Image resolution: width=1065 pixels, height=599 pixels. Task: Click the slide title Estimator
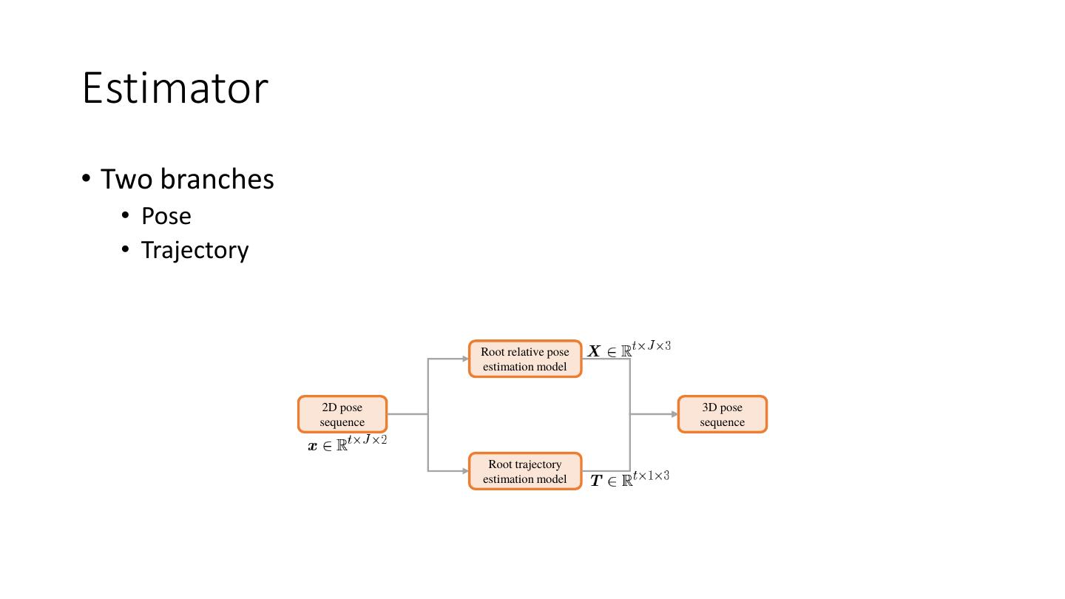coord(175,88)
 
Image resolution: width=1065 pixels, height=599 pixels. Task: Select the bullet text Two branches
coord(186,179)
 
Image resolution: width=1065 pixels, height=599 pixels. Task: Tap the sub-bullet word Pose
coord(166,216)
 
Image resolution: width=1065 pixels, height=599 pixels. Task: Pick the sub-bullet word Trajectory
coord(195,250)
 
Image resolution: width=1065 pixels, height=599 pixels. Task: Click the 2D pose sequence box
coord(342,414)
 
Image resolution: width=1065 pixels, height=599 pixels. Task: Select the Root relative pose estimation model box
coord(525,359)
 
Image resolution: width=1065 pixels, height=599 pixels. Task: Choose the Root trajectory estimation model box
coord(525,471)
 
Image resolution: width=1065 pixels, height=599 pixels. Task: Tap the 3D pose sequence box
coord(722,414)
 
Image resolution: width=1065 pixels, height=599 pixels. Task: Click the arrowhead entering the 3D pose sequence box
coord(674,414)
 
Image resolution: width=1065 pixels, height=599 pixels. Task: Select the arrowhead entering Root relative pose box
coord(465,359)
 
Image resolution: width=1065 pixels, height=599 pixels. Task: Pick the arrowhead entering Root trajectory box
coord(465,471)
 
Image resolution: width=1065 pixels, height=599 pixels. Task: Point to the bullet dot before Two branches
coord(87,179)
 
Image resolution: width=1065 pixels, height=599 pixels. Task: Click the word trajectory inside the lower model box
coord(536,464)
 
